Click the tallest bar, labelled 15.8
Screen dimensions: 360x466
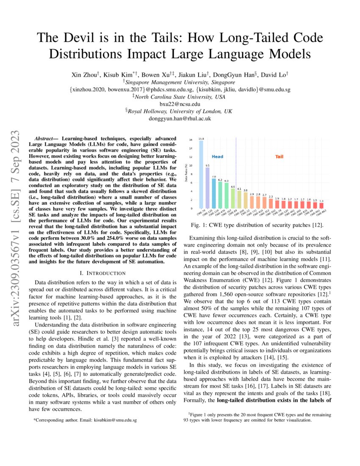(201, 174)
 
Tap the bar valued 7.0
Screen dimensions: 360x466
(214, 193)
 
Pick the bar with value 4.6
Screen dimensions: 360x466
(233, 198)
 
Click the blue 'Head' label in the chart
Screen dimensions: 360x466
(217, 157)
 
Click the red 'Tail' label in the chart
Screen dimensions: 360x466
(279, 157)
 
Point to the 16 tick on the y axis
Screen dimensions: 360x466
(191, 140)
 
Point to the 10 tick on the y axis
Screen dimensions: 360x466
(191, 166)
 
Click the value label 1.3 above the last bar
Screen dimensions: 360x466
(321, 201)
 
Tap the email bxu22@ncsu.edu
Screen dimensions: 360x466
(180, 104)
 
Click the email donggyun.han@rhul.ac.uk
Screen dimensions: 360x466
(180, 119)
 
